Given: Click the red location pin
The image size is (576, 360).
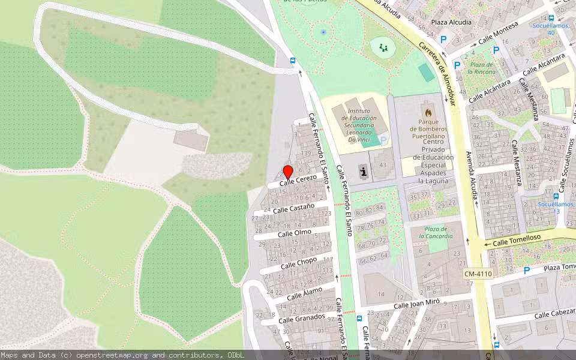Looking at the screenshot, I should point(287,171).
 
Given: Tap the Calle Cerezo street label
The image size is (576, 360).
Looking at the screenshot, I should point(298,179).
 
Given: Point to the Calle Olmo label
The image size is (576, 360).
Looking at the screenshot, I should point(295,232).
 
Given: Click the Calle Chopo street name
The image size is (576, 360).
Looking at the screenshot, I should point(298,262).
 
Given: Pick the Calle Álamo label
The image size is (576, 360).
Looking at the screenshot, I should point(304,293).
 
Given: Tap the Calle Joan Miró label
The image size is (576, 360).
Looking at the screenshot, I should point(417,304).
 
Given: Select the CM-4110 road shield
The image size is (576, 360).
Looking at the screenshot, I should point(478,274).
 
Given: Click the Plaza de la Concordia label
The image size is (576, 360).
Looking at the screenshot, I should point(437,232).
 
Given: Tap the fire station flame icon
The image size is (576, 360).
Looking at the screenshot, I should point(428,112).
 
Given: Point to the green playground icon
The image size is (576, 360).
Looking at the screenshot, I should point(383,47).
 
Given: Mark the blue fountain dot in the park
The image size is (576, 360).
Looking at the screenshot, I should point(323,32).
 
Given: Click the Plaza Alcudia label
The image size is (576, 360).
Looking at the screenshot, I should point(451,22).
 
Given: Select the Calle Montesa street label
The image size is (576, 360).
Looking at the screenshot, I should point(497,34).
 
